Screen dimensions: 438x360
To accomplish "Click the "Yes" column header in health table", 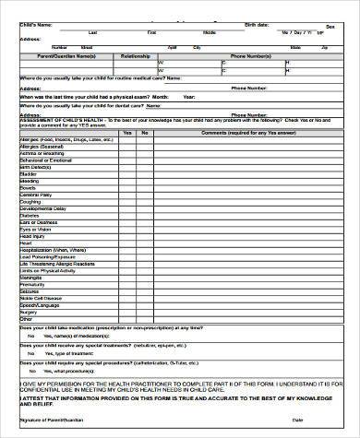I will coord(127,132).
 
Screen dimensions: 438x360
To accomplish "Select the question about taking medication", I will coord(111,327).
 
